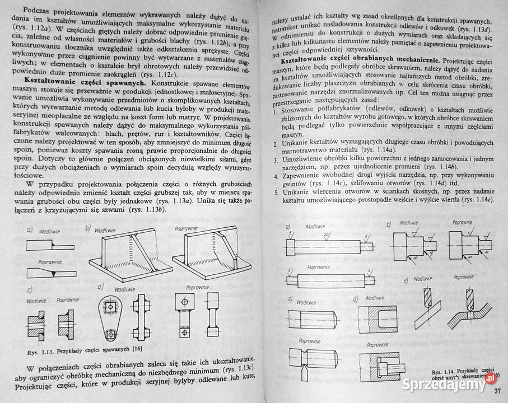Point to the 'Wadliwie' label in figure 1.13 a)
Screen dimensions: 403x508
tap(49, 231)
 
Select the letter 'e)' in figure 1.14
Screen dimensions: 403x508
tap(415, 278)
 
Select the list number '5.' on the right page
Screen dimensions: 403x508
tap(277, 193)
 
